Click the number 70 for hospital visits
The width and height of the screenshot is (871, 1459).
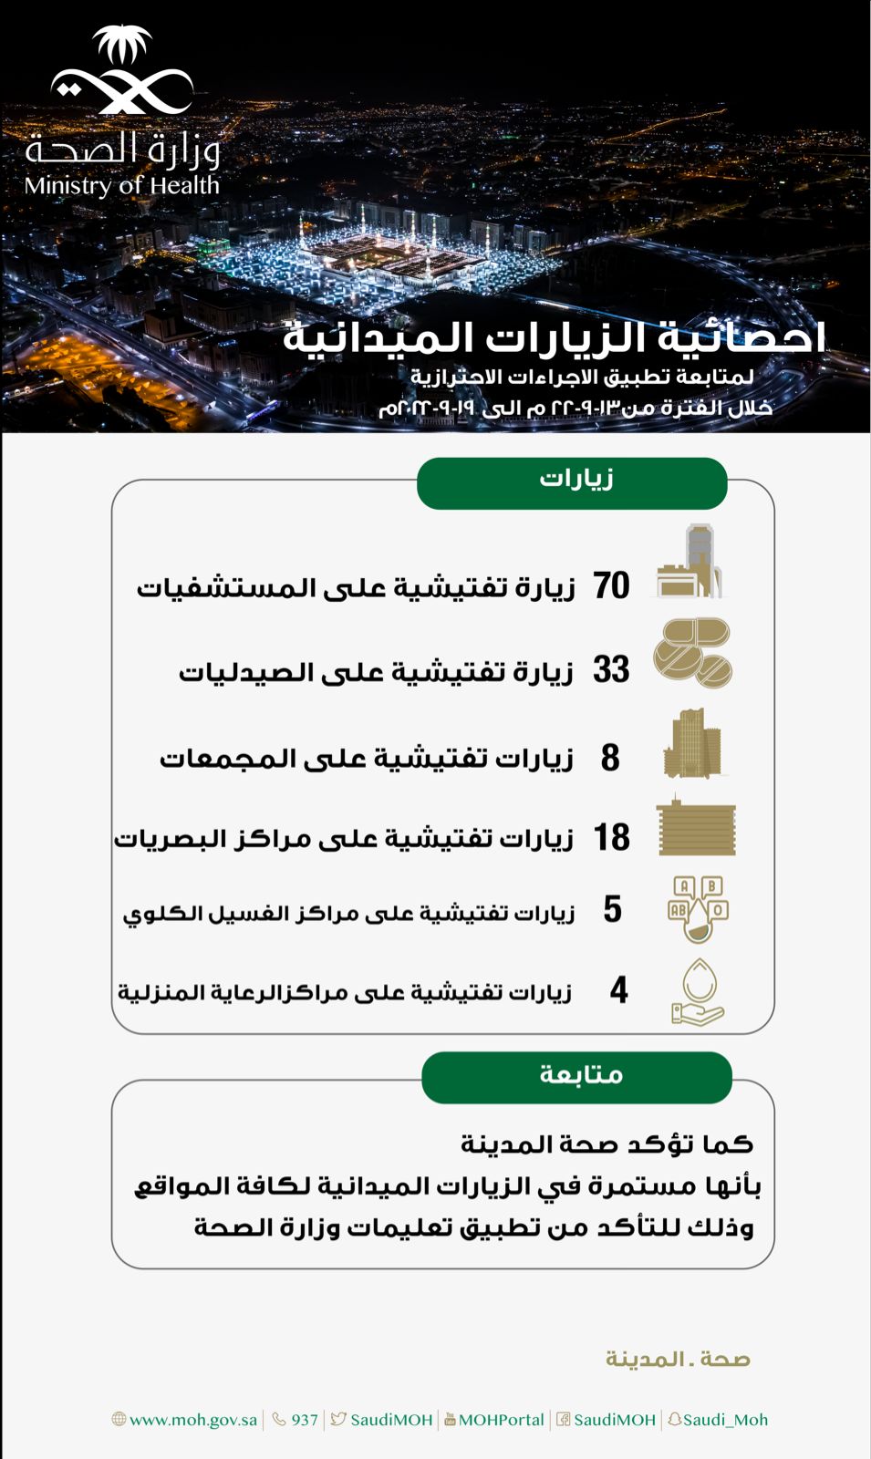[x=611, y=585]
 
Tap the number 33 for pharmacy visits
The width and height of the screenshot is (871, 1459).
[x=611, y=669]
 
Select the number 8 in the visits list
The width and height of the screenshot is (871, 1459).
[x=610, y=757]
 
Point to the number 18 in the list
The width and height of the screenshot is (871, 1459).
[x=611, y=837]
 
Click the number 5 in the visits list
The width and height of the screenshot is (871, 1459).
[x=612, y=909]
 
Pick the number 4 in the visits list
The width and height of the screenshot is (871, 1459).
[x=618, y=989]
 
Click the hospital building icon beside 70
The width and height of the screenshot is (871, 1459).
[x=690, y=562]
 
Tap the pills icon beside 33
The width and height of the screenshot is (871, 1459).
[x=693, y=653]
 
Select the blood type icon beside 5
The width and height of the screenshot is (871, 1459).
[x=698, y=909]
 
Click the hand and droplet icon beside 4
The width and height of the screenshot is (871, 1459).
[x=698, y=992]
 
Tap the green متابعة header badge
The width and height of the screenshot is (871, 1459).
[x=576, y=1077]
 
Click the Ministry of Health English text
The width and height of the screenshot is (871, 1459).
[x=122, y=186]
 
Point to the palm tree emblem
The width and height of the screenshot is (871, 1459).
[x=123, y=46]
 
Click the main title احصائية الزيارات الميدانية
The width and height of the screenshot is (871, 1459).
[x=554, y=337]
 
